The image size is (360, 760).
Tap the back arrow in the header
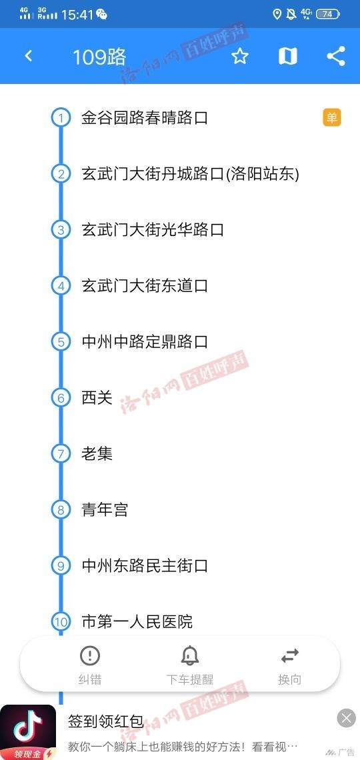pos(28,56)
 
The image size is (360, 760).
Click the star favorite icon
pos(240,56)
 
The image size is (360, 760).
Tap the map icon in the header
pos(288,56)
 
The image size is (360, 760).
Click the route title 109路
pos(99,57)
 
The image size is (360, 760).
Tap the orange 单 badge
pos(332,118)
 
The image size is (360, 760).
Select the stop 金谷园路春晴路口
pos(145,118)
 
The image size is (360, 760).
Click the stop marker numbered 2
pos(61,173)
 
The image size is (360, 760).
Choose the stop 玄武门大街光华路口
pos(153,229)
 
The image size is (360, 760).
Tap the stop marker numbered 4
pos(61,285)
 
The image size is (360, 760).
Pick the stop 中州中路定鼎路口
pos(145,342)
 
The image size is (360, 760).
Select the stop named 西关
pos(97,398)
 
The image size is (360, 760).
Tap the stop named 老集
pos(97,454)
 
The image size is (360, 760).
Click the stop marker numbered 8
pos(61,509)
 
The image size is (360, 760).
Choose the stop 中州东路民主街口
pos(145,565)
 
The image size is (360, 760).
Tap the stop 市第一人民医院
pos(137,621)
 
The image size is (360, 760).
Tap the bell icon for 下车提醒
pos(190,656)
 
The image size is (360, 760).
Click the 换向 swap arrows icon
pos(290,656)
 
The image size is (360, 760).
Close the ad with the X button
pos(346,718)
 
